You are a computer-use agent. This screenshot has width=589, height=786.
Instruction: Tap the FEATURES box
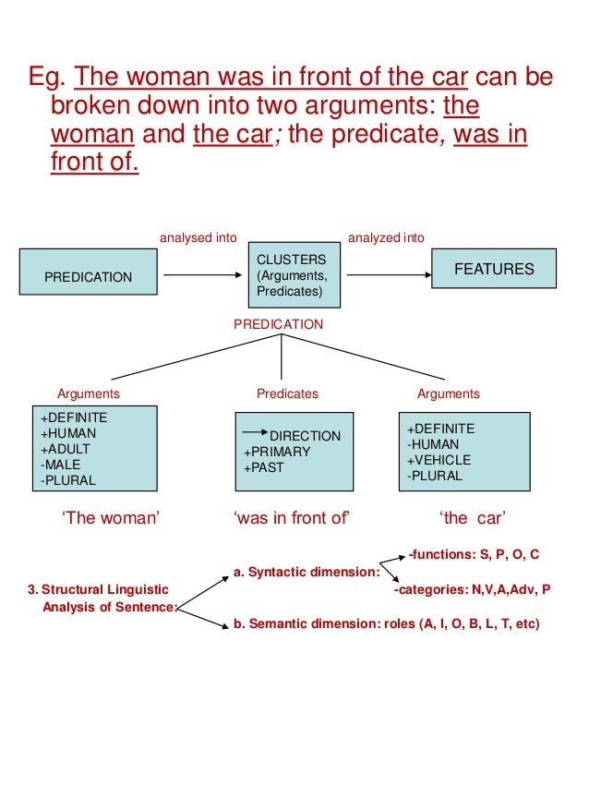pos(494,270)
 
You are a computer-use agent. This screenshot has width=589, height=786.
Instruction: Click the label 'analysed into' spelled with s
pos(198,237)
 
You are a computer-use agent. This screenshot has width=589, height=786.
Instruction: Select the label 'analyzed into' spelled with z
pos(386,237)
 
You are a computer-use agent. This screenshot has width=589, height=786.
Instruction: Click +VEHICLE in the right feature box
pos(439,460)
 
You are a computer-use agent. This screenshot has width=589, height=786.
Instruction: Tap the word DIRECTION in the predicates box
pos(305,436)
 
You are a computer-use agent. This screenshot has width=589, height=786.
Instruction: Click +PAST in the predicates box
pos(264,467)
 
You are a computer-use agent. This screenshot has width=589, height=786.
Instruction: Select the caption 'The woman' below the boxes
pos(110,518)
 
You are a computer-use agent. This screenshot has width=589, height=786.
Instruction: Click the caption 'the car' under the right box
pos(474,518)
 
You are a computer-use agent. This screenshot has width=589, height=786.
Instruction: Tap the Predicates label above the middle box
pos(287,393)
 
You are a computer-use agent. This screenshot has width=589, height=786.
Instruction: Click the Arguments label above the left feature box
pos(89,393)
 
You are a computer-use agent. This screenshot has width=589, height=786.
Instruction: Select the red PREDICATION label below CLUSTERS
pos(278,324)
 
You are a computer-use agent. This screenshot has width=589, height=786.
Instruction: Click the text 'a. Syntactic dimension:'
pos(300,573)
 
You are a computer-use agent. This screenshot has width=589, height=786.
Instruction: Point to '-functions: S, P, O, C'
pos(475,554)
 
